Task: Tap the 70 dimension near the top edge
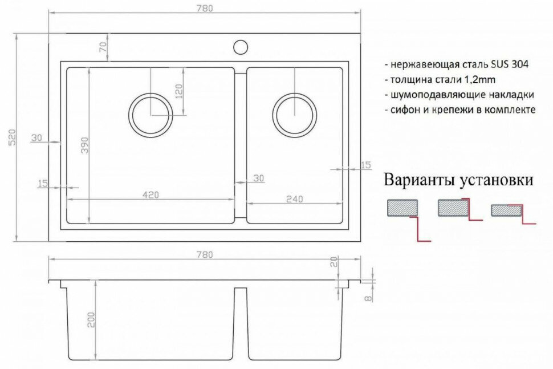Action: [x=103, y=47]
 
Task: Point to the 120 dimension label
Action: [x=178, y=91]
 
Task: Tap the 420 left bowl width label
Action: [x=151, y=195]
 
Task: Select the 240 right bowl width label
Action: [x=294, y=198]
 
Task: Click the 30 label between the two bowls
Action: [x=259, y=179]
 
